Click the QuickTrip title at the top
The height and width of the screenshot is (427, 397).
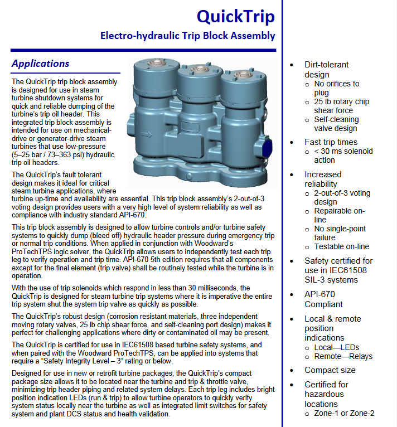(236, 16)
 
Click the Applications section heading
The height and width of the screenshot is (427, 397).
(41, 64)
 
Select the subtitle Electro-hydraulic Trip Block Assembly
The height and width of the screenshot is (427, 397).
(187, 36)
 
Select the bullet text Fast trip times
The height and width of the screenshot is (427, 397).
(331, 142)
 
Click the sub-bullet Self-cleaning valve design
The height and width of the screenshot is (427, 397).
(336, 124)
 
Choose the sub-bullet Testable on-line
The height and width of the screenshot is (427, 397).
(341, 246)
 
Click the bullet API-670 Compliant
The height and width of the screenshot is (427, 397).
(323, 299)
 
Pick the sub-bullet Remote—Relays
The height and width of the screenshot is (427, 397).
(343, 356)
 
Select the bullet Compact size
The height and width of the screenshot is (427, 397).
(330, 370)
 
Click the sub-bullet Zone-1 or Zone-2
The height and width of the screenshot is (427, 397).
(344, 413)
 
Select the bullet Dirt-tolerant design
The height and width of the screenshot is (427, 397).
(326, 69)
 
